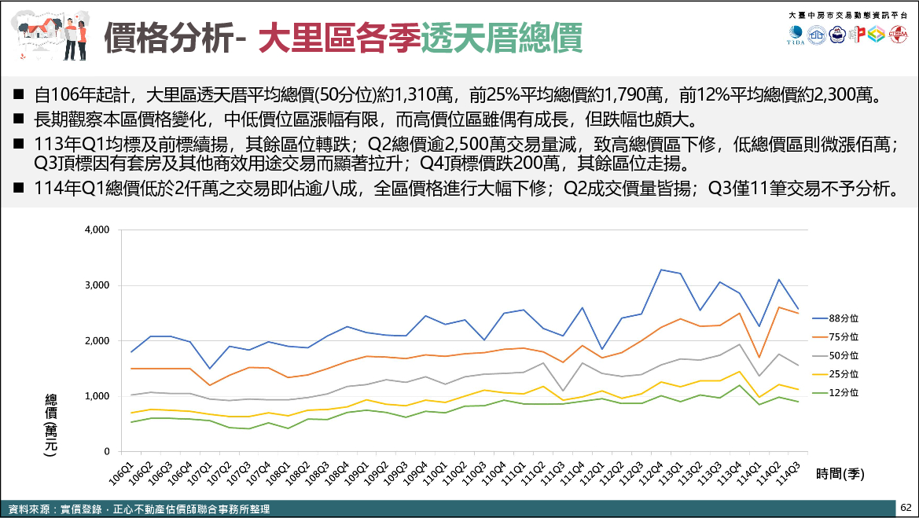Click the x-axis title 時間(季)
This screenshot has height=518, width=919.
[840, 473]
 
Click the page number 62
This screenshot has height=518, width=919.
[906, 509]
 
